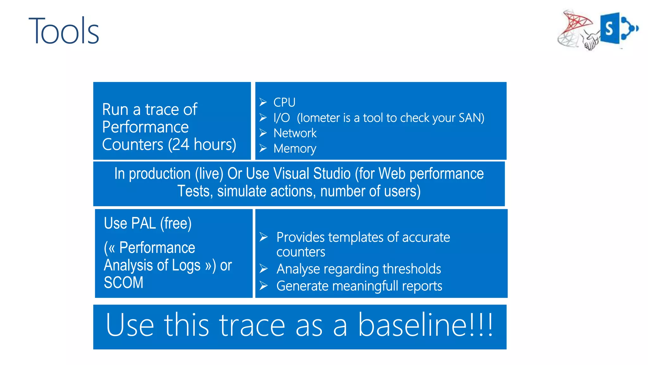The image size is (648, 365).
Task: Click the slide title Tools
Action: click(x=64, y=31)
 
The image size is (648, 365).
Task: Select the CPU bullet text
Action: click(x=284, y=103)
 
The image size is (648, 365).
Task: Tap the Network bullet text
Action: click(x=295, y=133)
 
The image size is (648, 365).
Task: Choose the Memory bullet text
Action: click(x=295, y=149)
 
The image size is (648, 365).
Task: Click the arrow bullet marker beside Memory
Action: click(x=263, y=148)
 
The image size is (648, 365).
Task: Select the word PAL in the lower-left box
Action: click(x=143, y=223)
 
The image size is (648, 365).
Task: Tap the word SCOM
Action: click(x=123, y=283)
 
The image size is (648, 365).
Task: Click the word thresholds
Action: click(x=411, y=269)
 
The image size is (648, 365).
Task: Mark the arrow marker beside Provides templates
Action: click(x=263, y=237)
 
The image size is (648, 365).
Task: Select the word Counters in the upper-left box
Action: click(x=133, y=145)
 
